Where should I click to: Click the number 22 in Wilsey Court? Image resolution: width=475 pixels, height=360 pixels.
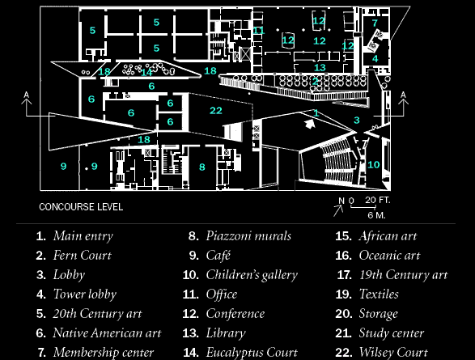(x=216, y=111)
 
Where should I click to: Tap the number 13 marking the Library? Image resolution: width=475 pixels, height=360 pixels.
(x=320, y=67)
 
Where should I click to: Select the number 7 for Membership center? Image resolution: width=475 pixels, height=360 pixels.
(x=375, y=23)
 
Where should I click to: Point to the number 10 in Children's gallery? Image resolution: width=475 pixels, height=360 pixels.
(x=374, y=164)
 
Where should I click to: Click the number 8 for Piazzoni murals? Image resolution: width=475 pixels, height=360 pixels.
(x=202, y=167)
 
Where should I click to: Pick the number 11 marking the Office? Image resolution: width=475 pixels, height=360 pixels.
(x=258, y=30)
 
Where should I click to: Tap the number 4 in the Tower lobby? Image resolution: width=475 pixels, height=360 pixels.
(x=375, y=58)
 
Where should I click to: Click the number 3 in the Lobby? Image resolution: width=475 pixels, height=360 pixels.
(x=357, y=121)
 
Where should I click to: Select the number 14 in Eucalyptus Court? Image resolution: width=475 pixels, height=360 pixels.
(x=146, y=72)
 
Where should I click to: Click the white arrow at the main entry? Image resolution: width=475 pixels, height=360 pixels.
(x=310, y=124)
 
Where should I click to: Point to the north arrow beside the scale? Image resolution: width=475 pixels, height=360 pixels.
(x=338, y=210)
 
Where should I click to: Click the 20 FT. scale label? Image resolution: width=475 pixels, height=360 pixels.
(x=377, y=200)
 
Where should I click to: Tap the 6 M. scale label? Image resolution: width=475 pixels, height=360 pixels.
(x=376, y=215)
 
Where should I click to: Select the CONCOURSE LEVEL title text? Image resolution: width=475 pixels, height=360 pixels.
(x=81, y=207)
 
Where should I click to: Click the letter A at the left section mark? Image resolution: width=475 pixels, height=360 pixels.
(x=27, y=95)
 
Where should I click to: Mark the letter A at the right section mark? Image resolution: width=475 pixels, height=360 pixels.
(x=403, y=95)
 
